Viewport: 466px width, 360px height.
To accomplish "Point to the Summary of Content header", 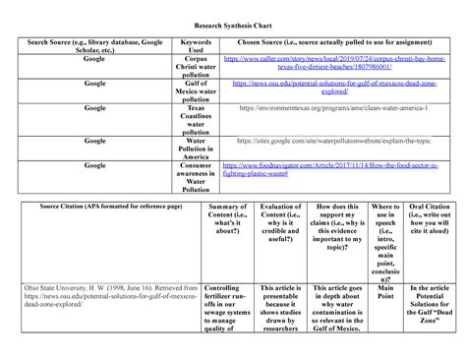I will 229,219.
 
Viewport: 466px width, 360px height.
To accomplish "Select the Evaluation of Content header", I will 280,219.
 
